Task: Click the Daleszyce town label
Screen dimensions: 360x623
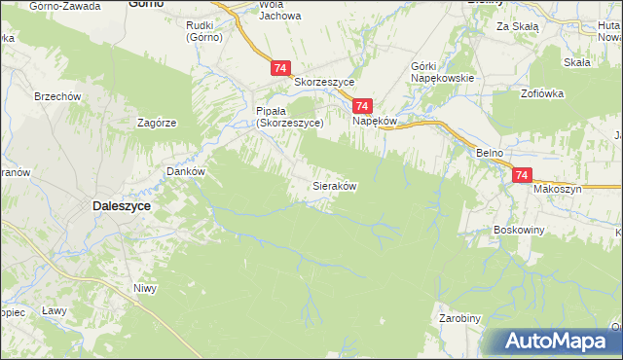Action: click(x=120, y=206)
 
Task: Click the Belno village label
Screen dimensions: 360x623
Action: click(x=489, y=154)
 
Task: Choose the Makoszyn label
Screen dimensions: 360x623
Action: click(x=557, y=190)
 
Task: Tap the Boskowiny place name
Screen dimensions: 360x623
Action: click(x=519, y=231)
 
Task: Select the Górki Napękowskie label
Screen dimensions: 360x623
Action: click(x=442, y=72)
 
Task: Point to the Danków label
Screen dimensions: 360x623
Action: click(x=184, y=170)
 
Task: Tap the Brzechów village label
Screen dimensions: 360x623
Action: click(x=57, y=97)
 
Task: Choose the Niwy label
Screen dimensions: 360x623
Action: click(x=145, y=288)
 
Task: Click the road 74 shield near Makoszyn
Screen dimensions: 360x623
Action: click(x=523, y=175)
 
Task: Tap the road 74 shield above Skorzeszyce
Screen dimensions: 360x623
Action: click(x=280, y=67)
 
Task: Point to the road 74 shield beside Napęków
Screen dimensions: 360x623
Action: click(x=362, y=106)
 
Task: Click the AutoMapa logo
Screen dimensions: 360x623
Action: click(x=560, y=342)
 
